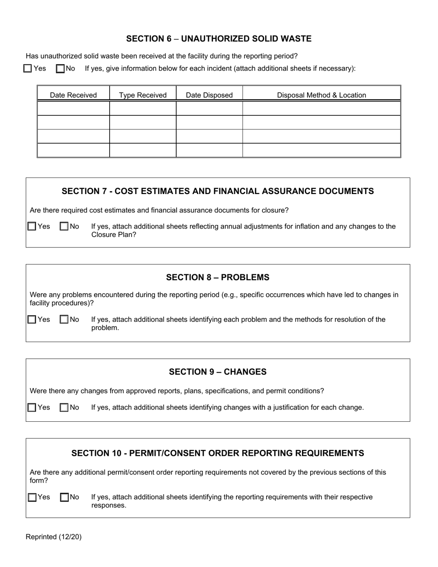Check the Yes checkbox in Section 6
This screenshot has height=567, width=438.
28,69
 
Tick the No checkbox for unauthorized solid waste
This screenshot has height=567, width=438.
60,69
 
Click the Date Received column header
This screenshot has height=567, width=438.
73,95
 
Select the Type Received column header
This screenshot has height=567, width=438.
142,95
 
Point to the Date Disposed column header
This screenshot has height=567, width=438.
209,95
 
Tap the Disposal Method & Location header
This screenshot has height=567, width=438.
321,95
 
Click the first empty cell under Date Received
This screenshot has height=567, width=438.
73,108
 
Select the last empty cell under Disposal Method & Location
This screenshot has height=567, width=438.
321,150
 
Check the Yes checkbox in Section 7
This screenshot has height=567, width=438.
32,226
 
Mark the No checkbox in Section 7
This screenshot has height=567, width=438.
64,226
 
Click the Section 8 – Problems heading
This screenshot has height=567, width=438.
218,277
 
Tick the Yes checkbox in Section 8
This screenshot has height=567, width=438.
32,319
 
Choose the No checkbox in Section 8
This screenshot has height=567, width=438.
64,319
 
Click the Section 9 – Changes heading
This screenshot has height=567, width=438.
218,372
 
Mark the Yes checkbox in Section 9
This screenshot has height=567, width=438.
32,408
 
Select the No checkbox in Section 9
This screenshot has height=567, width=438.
64,408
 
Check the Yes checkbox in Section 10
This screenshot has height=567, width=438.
32,497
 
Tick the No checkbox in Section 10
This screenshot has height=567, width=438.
64,497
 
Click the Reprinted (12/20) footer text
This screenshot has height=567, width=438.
53,537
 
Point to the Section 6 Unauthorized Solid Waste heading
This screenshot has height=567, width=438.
219,39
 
